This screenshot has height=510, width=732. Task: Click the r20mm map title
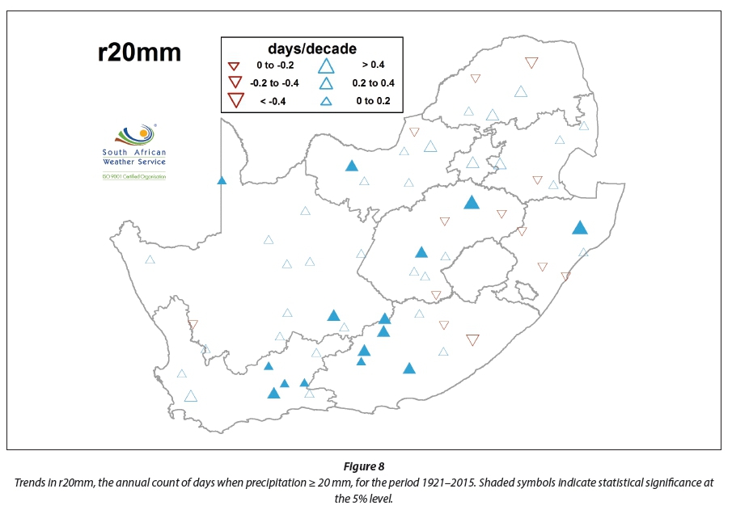coord(139,53)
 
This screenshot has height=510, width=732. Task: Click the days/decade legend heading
coord(312,48)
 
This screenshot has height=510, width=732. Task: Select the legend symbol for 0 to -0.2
coord(235,65)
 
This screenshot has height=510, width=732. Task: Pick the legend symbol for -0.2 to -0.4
coord(235,82)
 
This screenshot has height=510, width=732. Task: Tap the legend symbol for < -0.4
coord(235,100)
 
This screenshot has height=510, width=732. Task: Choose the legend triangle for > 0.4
coord(327,65)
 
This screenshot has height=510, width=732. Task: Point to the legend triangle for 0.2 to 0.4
coord(327,82)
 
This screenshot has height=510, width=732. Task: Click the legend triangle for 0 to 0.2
coord(327,101)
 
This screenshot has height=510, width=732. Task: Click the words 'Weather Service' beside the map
coord(133,162)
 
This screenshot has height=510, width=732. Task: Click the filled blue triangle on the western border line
coord(222,180)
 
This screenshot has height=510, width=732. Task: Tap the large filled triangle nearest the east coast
coord(579,228)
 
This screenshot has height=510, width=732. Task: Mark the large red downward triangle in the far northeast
coord(531,62)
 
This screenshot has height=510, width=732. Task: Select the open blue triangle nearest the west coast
coord(150,259)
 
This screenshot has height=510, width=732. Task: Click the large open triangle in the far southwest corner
coord(190,395)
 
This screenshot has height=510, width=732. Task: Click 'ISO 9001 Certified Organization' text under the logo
coord(133,175)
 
